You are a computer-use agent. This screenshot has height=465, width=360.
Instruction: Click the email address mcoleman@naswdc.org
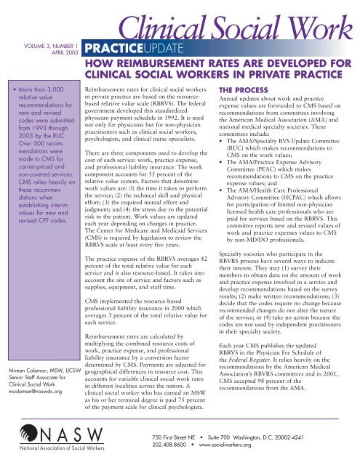40,397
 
